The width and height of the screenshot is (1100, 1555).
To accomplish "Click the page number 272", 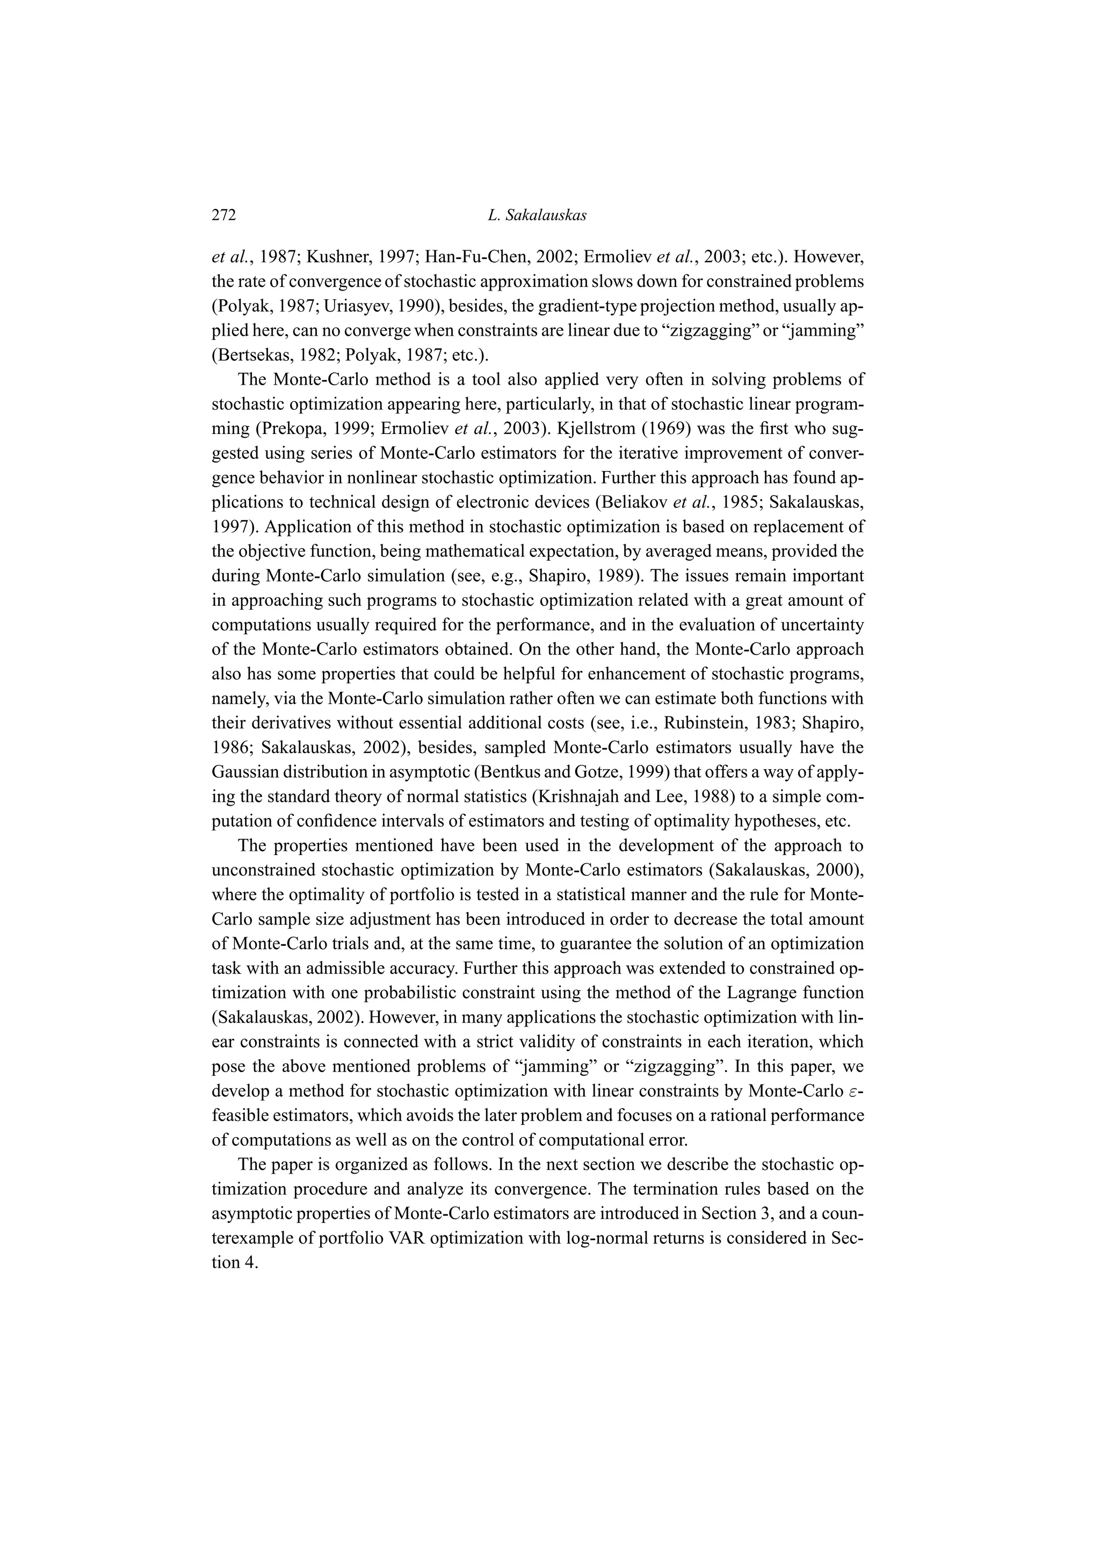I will point(223,215).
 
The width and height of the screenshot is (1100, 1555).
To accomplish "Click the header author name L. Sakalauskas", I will point(537,215).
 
